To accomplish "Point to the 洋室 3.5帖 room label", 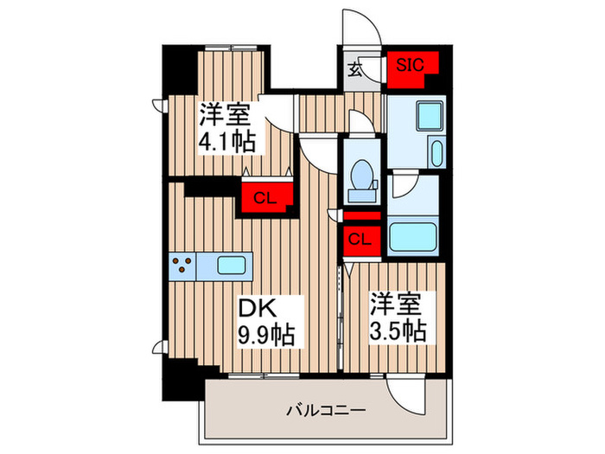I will pyautogui.click(x=398, y=317).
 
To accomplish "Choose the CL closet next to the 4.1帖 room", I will pyautogui.click(x=264, y=197).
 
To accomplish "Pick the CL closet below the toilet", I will pyautogui.click(x=361, y=238).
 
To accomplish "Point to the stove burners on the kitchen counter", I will pyautogui.click(x=182, y=265).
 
